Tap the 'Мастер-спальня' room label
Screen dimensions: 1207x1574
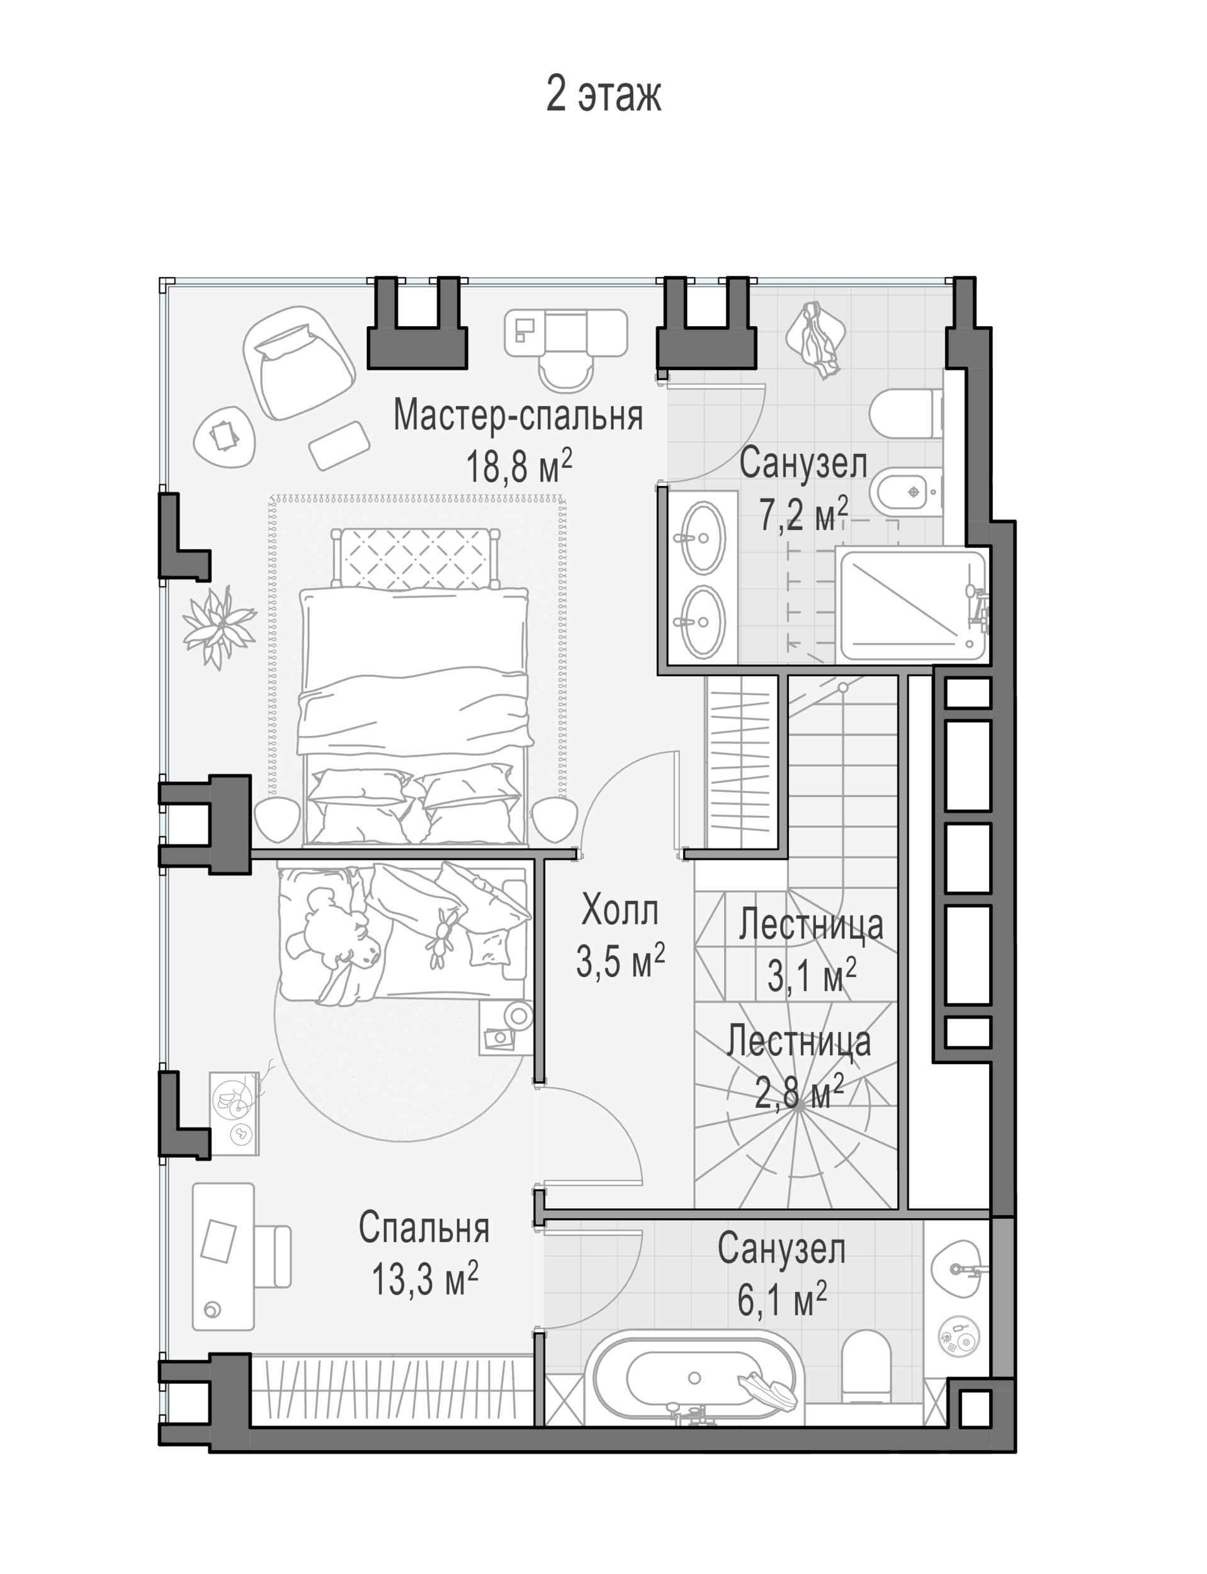518,416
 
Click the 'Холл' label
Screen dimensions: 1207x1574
620,910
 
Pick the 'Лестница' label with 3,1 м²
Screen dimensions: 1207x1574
811,925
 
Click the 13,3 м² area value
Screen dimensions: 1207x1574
424,1279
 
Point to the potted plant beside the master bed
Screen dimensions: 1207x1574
218,625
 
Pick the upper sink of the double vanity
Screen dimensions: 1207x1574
702,537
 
